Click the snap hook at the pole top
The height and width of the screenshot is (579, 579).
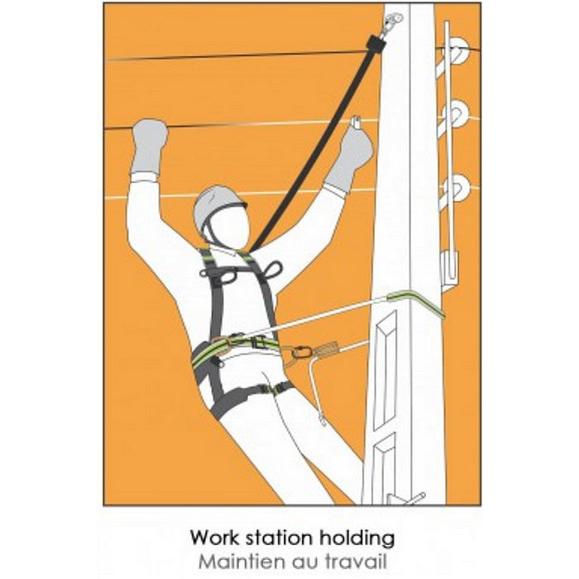391,22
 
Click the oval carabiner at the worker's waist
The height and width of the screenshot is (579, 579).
301,352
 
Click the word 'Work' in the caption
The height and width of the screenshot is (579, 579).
214,538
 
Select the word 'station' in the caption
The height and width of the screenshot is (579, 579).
280,538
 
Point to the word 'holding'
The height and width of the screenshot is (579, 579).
357,539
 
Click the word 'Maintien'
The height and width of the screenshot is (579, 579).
242,562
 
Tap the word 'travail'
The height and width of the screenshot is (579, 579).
356,562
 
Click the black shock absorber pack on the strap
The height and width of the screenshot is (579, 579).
376,44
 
